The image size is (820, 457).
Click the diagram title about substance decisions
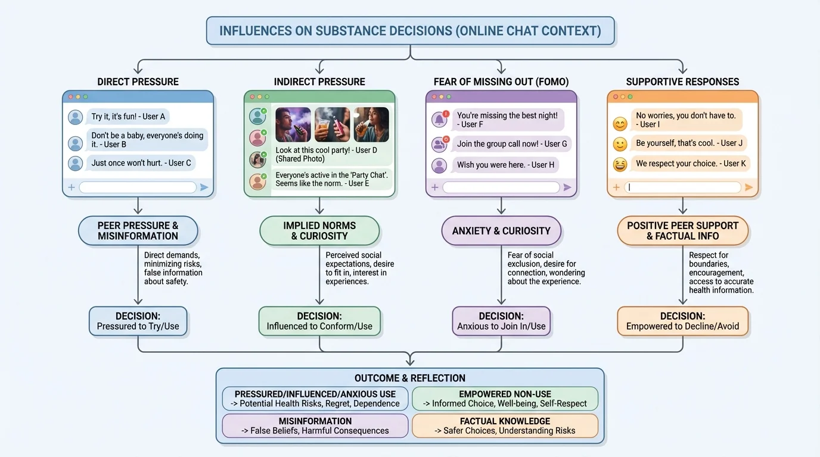tap(410, 31)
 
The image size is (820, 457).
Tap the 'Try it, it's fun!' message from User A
tap(129, 117)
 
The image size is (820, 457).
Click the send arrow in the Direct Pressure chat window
tap(204, 187)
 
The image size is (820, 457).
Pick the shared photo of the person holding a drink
tap(332, 124)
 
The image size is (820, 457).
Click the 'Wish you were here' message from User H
tap(505, 165)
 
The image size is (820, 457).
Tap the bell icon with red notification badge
tap(439, 119)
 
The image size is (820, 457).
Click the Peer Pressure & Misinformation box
tap(138, 231)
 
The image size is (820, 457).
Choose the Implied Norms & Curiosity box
tap(319, 231)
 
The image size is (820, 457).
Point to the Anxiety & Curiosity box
tap(501, 231)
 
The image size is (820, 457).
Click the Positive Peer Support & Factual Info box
tap(682, 231)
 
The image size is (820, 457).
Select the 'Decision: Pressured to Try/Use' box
tap(138, 321)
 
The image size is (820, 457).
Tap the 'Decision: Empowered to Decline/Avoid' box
tap(682, 321)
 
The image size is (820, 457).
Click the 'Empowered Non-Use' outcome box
tap(505, 399)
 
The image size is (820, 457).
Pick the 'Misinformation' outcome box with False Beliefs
tap(315, 425)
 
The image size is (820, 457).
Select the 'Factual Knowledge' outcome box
tap(505, 425)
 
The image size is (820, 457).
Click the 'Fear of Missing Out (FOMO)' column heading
tap(501, 82)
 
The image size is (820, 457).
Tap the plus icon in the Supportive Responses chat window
tap(616, 187)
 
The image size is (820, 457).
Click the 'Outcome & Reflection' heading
tap(410, 378)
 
